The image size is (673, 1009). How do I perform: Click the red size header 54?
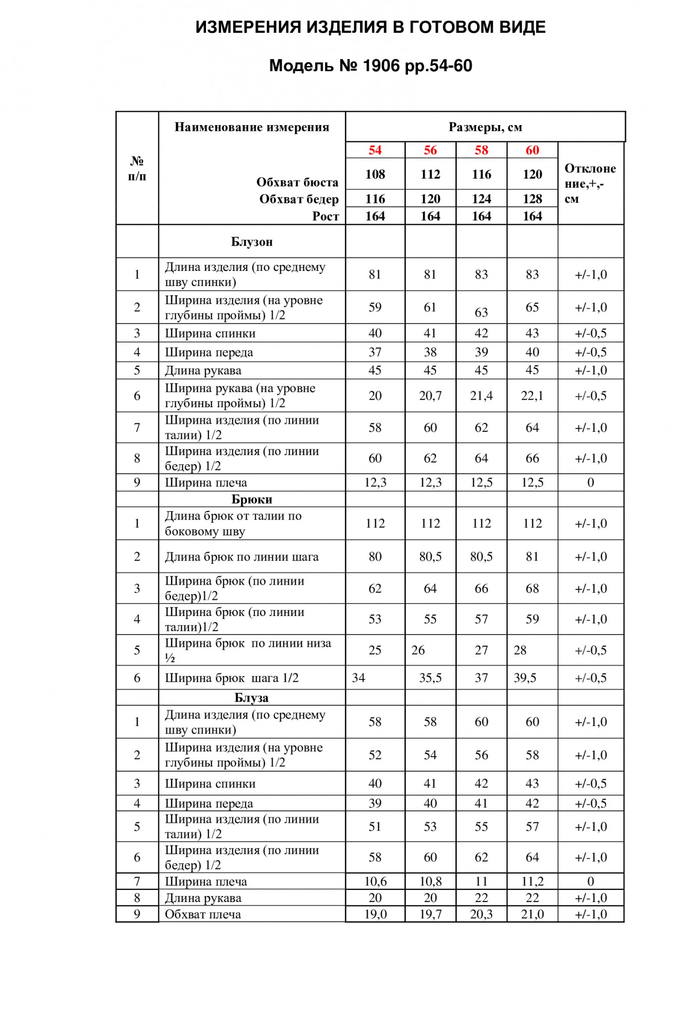(x=375, y=150)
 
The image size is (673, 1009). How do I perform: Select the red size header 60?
(x=532, y=150)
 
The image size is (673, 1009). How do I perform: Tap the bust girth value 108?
(x=375, y=175)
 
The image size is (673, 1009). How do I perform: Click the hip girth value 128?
(x=532, y=199)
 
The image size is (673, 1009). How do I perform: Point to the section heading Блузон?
(x=251, y=242)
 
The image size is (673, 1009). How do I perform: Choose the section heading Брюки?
(x=251, y=499)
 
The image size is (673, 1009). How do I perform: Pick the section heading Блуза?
(x=251, y=698)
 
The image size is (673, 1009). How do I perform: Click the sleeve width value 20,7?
(x=430, y=396)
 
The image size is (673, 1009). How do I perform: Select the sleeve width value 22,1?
(x=532, y=396)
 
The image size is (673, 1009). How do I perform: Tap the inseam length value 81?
(x=532, y=557)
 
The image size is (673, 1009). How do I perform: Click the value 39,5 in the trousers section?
(x=525, y=678)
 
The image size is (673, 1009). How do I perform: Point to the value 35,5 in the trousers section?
(x=430, y=678)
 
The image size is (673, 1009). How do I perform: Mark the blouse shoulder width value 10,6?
(x=375, y=882)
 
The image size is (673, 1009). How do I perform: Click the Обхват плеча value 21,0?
(x=532, y=915)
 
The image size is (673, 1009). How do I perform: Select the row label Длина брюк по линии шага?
(x=241, y=557)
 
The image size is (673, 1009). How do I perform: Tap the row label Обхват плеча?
(x=203, y=915)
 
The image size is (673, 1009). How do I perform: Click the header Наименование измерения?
(x=251, y=127)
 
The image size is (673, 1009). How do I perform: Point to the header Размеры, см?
(x=485, y=127)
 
